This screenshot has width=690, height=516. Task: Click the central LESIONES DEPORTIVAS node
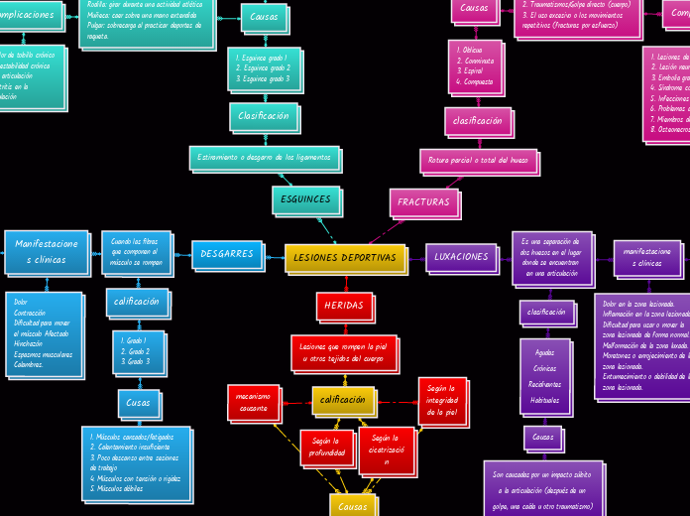345,258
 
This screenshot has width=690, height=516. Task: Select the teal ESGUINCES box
305,199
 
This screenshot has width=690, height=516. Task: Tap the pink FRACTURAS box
423,201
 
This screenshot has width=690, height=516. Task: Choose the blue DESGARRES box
227,254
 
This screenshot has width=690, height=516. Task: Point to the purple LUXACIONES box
461,257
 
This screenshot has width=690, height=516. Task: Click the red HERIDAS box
344,306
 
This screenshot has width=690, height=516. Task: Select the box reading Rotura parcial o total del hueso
479,160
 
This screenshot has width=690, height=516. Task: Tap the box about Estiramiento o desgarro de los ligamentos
264,157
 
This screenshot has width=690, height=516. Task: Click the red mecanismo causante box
253,401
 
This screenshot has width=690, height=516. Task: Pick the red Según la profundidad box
326,447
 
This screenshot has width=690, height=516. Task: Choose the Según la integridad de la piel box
441,400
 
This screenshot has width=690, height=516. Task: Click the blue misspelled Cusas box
138,403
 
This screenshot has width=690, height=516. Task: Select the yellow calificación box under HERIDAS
343,400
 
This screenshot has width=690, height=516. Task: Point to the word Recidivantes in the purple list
544,384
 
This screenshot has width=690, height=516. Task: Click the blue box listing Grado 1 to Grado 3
138,351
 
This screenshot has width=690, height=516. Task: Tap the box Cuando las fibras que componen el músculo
136,252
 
